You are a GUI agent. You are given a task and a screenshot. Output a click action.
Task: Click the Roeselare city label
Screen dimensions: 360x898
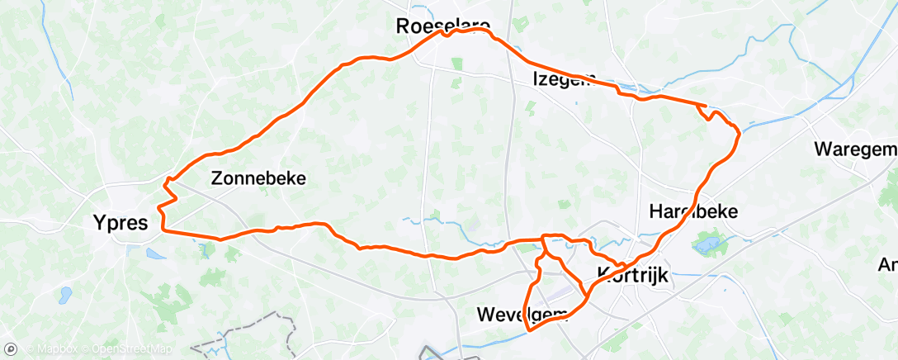pos(443,26)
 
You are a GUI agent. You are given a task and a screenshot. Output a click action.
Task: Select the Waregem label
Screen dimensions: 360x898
pos(854,149)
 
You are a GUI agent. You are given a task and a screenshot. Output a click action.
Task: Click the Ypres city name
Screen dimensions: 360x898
pos(120,222)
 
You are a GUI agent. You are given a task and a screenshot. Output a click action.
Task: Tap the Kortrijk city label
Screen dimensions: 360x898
pos(633,275)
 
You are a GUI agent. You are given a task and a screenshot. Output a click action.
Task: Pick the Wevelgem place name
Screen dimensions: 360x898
pos(522,314)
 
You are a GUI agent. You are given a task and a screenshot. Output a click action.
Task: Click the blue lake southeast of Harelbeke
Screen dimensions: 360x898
pos(707,244)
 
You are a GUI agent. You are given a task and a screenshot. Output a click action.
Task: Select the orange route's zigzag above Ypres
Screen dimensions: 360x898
pos(168,192)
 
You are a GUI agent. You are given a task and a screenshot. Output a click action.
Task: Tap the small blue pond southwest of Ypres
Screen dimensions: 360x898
pos(64,295)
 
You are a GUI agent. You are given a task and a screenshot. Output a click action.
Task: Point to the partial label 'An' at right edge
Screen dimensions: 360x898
pos(887,264)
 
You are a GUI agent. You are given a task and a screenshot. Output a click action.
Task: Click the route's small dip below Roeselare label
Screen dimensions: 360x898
pos(445,35)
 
